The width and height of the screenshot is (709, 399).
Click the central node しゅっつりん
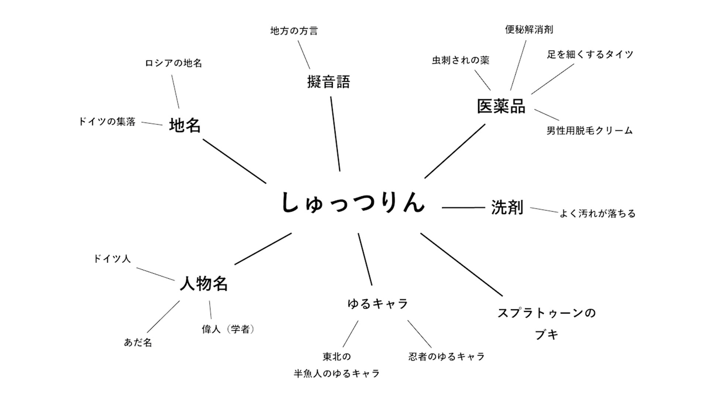353,203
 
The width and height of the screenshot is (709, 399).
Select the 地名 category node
185,125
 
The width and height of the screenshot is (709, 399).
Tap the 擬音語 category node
328,82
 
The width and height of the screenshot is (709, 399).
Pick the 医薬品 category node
501,106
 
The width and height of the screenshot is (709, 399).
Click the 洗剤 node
507,207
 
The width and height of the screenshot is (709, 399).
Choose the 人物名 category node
203,283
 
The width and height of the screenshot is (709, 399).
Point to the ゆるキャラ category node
377,304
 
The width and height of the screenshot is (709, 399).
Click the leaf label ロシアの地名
173,63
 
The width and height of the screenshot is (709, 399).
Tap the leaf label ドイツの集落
107,122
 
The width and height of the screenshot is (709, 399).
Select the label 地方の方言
294,31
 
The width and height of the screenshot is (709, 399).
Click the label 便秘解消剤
529,30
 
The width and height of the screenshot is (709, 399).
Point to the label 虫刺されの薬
460,60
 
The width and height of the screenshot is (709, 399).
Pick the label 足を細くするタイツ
590,55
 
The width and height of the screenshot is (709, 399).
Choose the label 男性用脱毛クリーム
589,130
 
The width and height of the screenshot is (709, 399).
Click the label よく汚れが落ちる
597,214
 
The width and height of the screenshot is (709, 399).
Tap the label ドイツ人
112,259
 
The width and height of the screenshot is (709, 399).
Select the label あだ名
138,342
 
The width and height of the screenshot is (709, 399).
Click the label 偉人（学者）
228,329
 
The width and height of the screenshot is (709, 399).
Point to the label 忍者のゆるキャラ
446,357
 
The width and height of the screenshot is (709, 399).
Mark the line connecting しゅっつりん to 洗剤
463,208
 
